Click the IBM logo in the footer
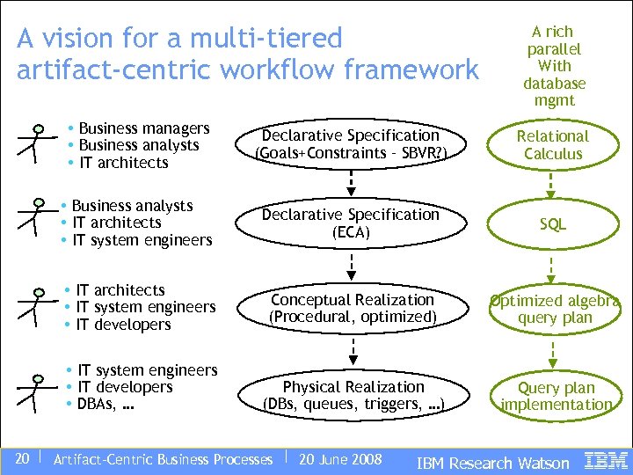606,460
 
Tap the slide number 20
23,458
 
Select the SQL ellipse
552,225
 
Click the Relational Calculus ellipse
552,145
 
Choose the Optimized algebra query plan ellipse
555,309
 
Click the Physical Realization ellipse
353,396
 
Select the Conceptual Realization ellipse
352,308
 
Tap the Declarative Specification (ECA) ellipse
351,223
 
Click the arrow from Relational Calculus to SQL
552,184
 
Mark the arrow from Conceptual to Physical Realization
352,352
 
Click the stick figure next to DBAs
34,393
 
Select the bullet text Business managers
144,128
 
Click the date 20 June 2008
340,459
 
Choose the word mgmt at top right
554,100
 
